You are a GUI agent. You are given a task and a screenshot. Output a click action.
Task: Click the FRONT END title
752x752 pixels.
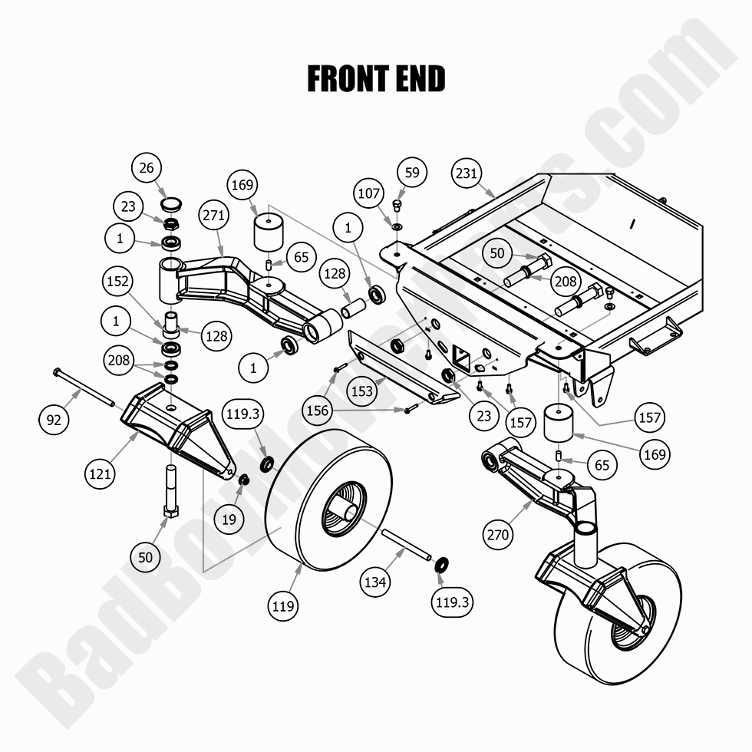pos(376,79)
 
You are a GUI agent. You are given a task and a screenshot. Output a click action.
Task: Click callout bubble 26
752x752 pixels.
pos(147,167)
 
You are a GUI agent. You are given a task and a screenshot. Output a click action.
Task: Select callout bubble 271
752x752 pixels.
pos(215,216)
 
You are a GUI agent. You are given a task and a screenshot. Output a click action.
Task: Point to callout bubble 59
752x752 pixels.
pos(413,173)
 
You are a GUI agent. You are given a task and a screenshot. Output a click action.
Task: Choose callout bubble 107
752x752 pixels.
pos(369,193)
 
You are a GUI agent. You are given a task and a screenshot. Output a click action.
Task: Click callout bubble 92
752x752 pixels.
pos(54,419)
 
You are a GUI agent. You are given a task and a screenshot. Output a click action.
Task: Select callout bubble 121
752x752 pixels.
pos(100,473)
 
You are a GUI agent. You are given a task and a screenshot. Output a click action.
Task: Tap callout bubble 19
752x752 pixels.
pos(229,519)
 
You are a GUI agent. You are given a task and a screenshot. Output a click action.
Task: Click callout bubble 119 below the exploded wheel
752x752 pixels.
pos(283,606)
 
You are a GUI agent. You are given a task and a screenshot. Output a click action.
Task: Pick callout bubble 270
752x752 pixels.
pos(498,534)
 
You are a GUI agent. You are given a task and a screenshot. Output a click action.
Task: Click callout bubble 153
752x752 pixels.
pos(362,391)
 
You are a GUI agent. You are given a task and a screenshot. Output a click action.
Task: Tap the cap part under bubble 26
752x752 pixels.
pos(170,205)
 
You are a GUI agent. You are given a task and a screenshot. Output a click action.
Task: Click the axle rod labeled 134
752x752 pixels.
pos(406,546)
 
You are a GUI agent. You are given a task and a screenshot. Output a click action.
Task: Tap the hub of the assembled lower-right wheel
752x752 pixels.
pos(627,625)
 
